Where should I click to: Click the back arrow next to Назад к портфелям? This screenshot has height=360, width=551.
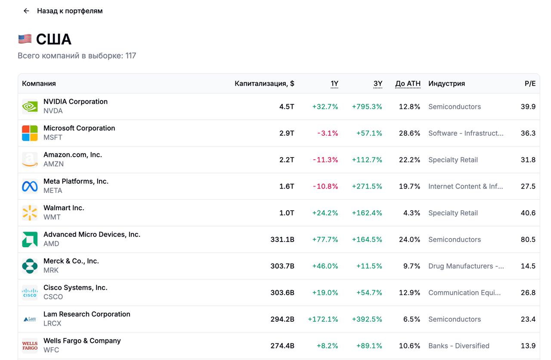coord(26,11)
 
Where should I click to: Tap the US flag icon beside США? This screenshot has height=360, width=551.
coord(25,39)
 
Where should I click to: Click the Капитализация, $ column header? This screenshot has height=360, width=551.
coord(264,84)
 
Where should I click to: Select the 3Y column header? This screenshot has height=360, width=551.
coord(378,84)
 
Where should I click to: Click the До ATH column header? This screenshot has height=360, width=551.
coord(408,84)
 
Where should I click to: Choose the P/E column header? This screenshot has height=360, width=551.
coord(530,84)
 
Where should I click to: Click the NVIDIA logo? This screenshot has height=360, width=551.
coord(30,106)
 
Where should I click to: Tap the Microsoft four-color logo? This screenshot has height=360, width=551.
coord(30,133)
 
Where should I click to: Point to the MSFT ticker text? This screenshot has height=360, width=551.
coord(53,137)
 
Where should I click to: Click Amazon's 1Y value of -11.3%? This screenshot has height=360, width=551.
coord(325,160)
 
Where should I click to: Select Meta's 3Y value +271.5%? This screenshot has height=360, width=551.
coord(367,186)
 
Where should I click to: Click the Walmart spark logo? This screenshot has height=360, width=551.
coord(30,213)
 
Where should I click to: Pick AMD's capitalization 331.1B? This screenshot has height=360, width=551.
coord(282,239)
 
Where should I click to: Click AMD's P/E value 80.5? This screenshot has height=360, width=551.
coord(528,239)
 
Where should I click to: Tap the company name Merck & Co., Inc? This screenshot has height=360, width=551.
coord(71,261)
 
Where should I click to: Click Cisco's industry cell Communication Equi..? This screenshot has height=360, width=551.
coord(464,293)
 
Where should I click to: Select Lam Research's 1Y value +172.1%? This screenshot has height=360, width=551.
coord(323,319)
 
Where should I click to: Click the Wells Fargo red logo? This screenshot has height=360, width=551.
coord(30,346)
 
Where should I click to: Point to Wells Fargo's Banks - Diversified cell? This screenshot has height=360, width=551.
coord(458,346)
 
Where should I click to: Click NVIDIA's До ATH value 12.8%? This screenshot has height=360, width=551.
coord(409,107)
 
